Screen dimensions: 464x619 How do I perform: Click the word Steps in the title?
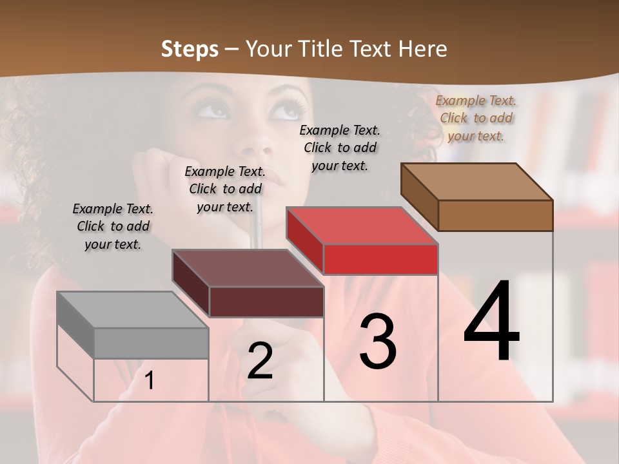190,49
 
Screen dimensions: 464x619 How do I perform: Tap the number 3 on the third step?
377,342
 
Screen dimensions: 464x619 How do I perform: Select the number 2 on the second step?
260,361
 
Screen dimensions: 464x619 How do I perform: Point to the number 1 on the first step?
150,381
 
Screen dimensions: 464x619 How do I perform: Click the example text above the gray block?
113,226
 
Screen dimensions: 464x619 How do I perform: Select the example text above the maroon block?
225,189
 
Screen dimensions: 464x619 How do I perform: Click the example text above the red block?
340,148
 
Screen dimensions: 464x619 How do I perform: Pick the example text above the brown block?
476,118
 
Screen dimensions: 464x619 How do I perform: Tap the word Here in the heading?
424,49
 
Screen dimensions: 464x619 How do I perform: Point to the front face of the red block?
380,259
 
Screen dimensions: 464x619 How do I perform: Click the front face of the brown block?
495,215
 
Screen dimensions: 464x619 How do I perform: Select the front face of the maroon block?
266,302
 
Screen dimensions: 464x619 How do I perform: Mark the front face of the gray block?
151,343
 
